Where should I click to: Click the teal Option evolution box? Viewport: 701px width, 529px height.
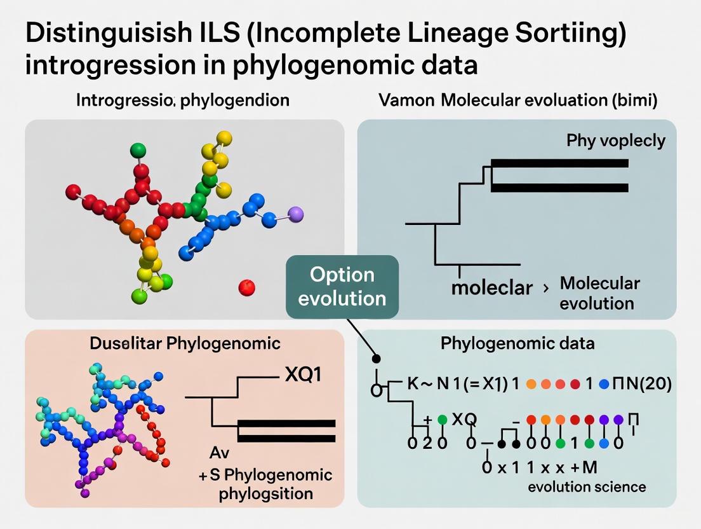(342, 287)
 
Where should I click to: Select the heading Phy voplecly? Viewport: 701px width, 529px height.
(615, 141)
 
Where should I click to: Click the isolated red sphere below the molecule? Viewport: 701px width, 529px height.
(246, 288)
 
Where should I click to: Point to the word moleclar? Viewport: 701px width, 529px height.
(491, 287)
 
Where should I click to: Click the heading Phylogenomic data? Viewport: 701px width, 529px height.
(517, 344)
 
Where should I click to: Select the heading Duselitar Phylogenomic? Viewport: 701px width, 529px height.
(184, 344)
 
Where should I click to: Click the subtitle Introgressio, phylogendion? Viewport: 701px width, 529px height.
(183, 100)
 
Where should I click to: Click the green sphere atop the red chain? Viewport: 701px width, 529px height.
(138, 151)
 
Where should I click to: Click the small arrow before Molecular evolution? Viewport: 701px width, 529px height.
(545, 289)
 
